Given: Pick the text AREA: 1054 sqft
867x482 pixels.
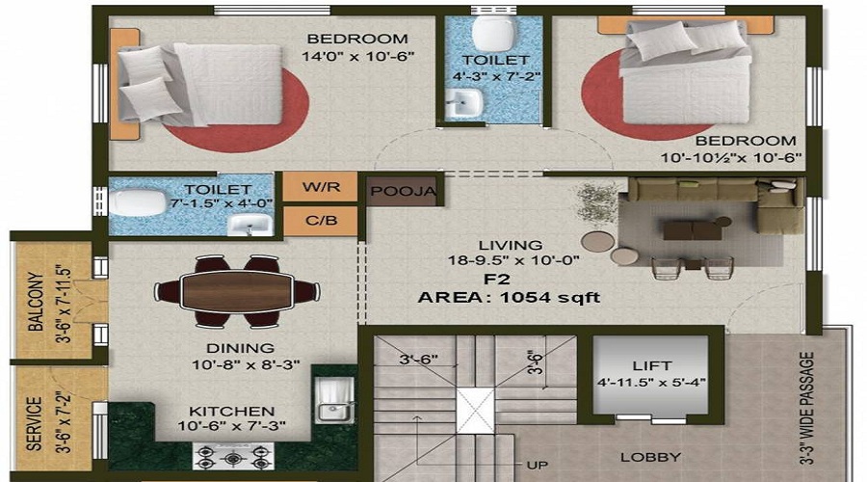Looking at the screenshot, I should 509,298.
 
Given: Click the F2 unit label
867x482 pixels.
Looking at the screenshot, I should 496,280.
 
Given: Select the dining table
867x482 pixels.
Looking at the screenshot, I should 236,288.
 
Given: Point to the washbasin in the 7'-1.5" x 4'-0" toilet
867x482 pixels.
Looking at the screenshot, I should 250,226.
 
